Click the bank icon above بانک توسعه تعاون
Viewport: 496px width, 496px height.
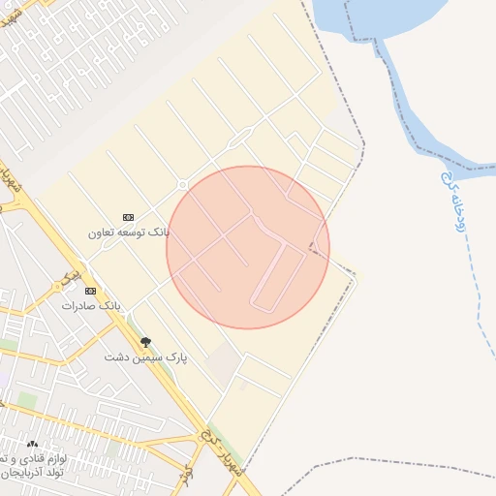[x=128, y=216]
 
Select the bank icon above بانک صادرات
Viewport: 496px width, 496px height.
[x=91, y=290]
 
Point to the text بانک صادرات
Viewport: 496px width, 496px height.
[x=91, y=305]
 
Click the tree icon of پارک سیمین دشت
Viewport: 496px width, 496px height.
[x=146, y=341]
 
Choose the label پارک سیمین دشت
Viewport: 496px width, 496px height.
[x=146, y=356]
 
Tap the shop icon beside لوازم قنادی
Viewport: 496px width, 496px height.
[x=31, y=445]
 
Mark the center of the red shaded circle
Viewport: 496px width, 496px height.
[x=248, y=247]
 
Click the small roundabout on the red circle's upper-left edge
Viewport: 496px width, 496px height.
[x=182, y=185]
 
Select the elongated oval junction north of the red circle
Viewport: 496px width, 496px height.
[x=235, y=144]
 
